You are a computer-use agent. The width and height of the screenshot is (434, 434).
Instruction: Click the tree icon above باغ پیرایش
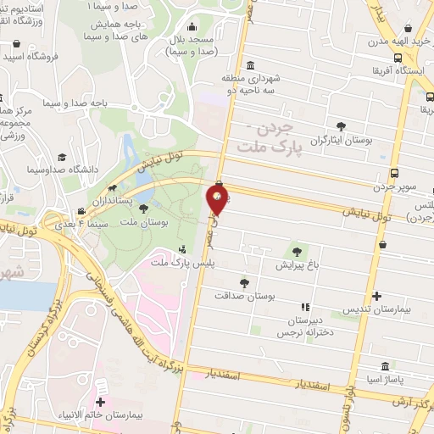point(297,251)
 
